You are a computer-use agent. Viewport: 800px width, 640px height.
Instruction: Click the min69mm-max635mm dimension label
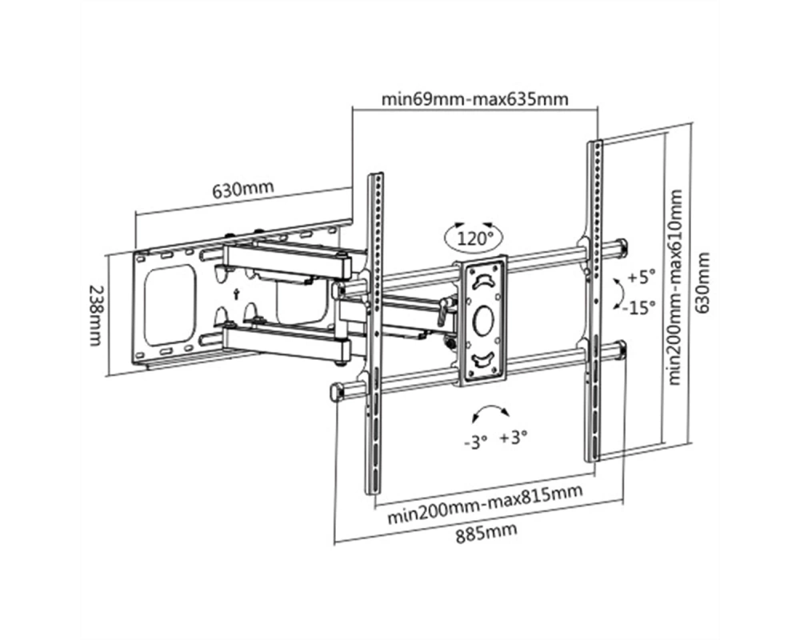click(475, 98)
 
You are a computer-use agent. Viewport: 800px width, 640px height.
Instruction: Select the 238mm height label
click(95, 315)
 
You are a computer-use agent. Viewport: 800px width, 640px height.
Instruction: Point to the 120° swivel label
click(474, 238)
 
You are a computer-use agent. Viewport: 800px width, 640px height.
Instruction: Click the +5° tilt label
click(641, 278)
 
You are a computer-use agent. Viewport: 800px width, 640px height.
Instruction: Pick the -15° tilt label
click(638, 308)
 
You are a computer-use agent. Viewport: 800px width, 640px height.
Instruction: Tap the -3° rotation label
click(476, 442)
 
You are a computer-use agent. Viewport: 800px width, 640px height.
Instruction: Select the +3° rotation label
click(514, 438)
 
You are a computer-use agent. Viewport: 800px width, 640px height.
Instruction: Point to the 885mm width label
click(486, 534)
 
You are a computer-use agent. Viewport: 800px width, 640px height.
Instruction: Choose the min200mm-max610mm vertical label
click(675, 287)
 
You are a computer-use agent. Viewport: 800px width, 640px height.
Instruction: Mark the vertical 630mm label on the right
click(703, 282)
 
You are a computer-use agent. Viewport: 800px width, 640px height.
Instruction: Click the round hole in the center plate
click(483, 320)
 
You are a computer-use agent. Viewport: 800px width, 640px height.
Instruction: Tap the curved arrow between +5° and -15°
click(622, 294)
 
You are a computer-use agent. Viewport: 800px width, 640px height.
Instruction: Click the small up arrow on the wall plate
click(236, 294)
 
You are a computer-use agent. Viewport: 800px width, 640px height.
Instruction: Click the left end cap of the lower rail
click(338, 391)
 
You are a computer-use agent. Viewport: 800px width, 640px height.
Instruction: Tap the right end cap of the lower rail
click(621, 350)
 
